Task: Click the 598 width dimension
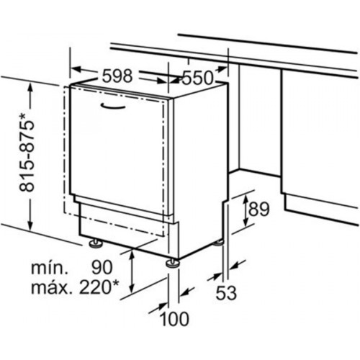117,76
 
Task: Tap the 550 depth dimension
197,78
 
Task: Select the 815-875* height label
27,153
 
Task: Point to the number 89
258,210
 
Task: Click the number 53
226,293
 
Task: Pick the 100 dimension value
174,319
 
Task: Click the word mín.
49,268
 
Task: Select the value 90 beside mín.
102,267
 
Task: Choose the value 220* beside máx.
99,287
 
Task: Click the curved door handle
113,107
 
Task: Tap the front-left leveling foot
96,243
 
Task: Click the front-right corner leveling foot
172,264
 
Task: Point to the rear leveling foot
219,243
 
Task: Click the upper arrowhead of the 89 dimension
246,199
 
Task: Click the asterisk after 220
116,283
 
